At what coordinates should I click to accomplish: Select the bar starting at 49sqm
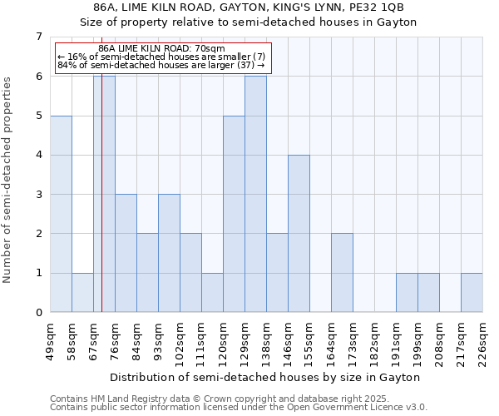[x=61, y=214]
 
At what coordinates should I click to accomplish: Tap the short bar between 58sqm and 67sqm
[x=82, y=293]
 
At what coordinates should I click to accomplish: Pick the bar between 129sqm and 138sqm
[x=255, y=194]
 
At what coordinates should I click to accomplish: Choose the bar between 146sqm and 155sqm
[x=299, y=234]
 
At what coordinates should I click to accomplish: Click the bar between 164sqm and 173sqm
[x=342, y=273]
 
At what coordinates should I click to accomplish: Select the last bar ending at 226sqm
[x=472, y=293]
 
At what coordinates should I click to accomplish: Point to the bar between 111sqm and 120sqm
[x=212, y=293]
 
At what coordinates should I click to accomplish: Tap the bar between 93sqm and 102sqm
[x=169, y=254]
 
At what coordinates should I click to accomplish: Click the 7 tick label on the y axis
[x=38, y=37]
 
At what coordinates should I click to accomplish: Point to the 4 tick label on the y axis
[x=38, y=155]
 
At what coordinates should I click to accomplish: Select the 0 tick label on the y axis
[x=38, y=313]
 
